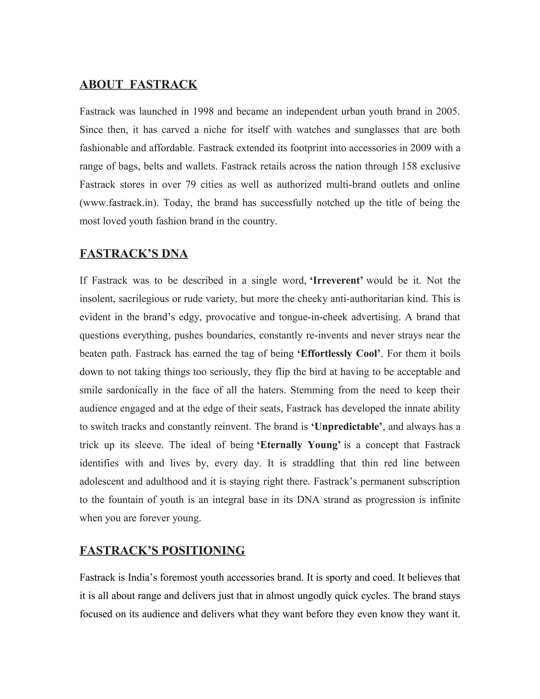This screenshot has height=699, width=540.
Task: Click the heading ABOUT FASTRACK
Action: [x=138, y=84]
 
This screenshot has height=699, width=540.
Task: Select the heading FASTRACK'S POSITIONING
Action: [x=162, y=550]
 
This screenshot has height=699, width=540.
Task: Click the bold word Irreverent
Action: [x=336, y=281]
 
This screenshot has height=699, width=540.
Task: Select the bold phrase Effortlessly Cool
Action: [x=339, y=354]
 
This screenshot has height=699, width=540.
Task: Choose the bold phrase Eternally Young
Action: [x=299, y=445]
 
